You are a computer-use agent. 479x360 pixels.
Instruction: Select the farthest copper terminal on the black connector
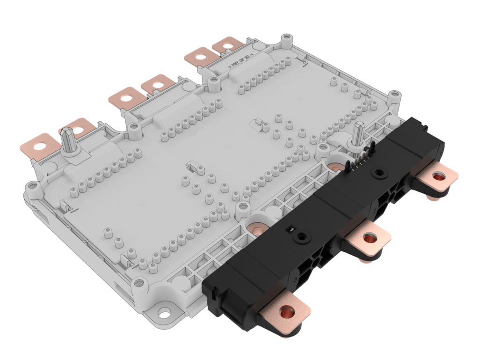(438, 178)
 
